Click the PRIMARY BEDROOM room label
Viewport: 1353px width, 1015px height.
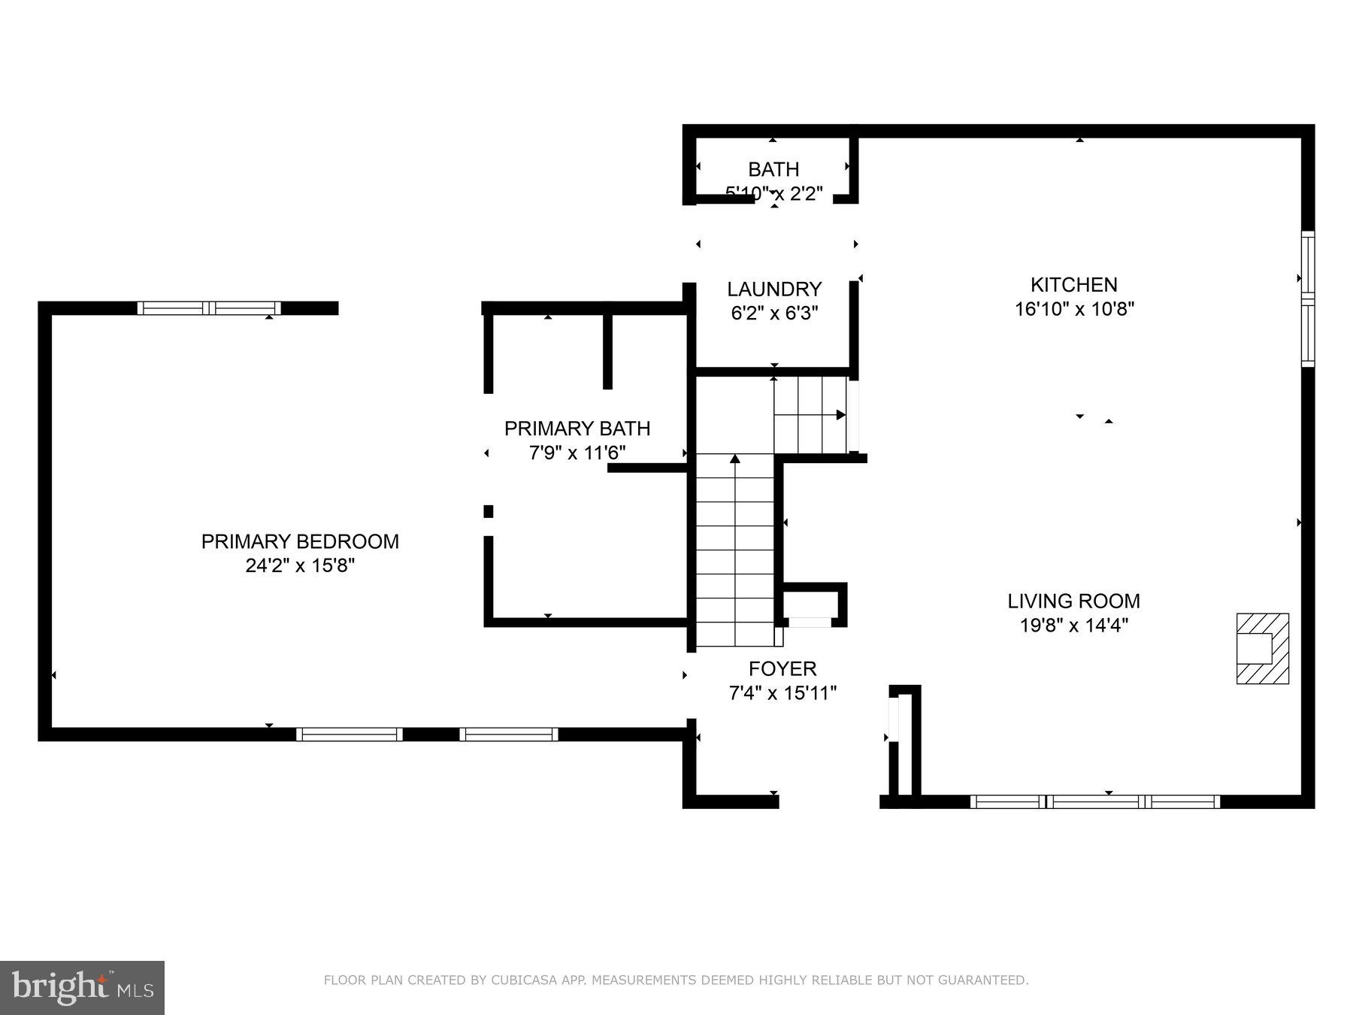tap(300, 541)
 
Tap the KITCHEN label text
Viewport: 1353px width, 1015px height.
tap(1073, 285)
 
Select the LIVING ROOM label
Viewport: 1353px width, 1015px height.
tap(1073, 601)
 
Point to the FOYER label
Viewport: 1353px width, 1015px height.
tap(782, 668)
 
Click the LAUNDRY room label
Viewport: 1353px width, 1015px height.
tap(774, 289)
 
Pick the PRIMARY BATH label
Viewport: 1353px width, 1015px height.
tap(577, 429)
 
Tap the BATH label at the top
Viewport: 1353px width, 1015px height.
tap(773, 170)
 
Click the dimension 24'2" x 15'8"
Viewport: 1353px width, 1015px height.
tap(300, 565)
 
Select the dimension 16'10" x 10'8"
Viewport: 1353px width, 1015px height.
tap(1073, 309)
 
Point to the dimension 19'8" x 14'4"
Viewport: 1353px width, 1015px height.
tap(1073, 625)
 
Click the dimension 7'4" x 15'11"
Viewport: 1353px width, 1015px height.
tap(782, 692)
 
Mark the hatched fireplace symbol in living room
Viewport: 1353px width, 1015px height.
tap(1262, 648)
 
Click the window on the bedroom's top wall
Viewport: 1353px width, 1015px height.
tap(208, 308)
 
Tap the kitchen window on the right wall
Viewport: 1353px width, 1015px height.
tap(1308, 298)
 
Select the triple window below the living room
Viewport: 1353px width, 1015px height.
tap(1094, 801)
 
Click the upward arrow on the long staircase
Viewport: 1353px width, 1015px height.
tap(734, 459)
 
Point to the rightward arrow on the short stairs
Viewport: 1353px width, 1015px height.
tap(840, 414)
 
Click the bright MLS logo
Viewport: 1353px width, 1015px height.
tap(82, 987)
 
